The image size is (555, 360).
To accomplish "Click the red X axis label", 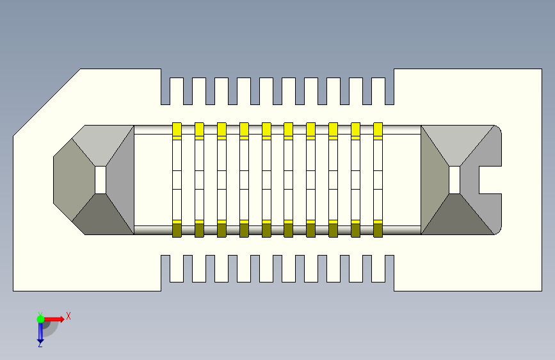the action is pyautogui.click(x=68, y=316).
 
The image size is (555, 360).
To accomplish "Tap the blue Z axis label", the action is pyautogui.click(x=40, y=345).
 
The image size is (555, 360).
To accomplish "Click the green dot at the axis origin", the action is pyautogui.click(x=40, y=318).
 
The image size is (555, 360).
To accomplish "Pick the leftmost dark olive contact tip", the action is pyautogui.click(x=177, y=229).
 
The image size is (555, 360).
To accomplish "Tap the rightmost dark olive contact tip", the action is pyautogui.click(x=378, y=229).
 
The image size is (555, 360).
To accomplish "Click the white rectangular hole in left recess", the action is pyautogui.click(x=101, y=180).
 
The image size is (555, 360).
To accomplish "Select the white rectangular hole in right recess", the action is pyautogui.click(x=454, y=180).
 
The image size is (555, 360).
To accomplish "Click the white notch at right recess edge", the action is pyautogui.click(x=490, y=180).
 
